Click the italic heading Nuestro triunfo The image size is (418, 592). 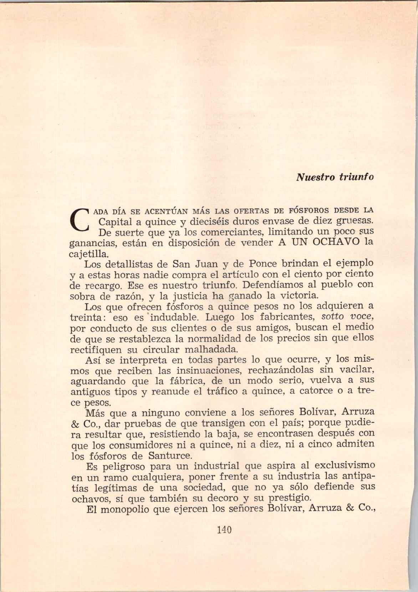(x=335, y=177)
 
